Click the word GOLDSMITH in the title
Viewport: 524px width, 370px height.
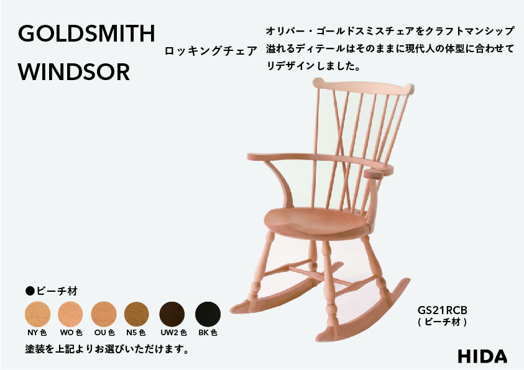pyautogui.click(x=86, y=34)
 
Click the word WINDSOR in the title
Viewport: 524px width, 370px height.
pyautogui.click(x=74, y=72)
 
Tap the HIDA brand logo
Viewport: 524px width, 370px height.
pyautogui.click(x=482, y=356)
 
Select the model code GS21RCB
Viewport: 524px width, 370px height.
pyautogui.click(x=442, y=310)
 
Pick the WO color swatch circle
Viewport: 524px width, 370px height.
pyautogui.click(x=70, y=314)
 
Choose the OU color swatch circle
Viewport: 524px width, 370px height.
pyautogui.click(x=104, y=314)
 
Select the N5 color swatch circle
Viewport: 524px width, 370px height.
pyautogui.click(x=137, y=314)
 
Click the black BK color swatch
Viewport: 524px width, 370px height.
pyautogui.click(x=208, y=314)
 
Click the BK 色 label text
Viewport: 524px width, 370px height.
pyautogui.click(x=208, y=333)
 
